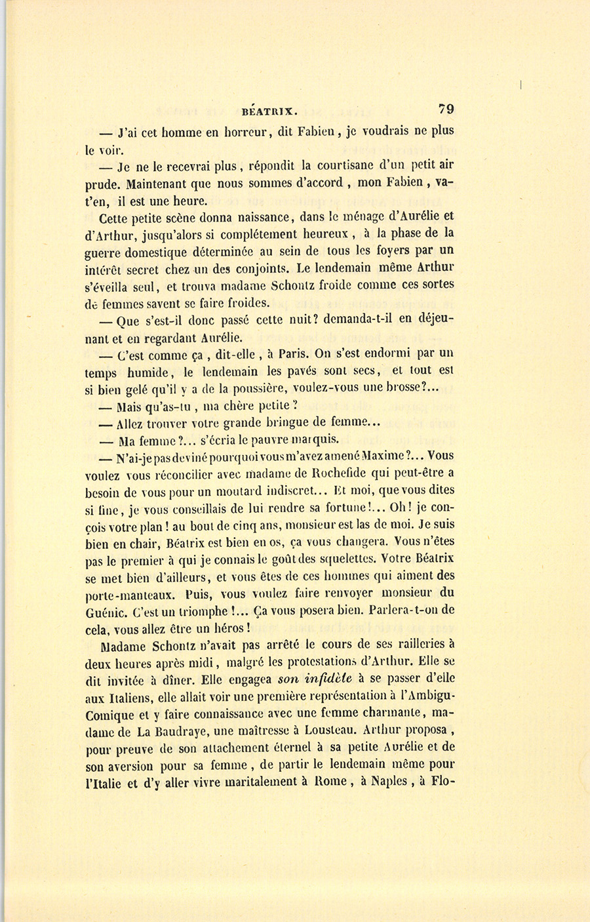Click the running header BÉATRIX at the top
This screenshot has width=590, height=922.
[269, 110]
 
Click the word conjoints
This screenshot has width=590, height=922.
[259, 267]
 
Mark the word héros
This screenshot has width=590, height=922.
[227, 628]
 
